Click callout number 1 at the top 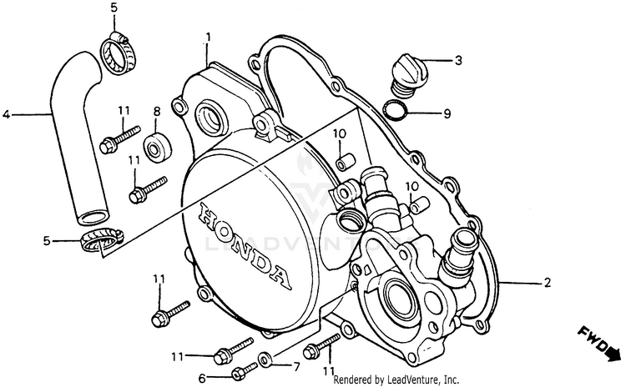pyautogui.click(x=209, y=38)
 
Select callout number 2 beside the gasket pyautogui.click(x=548, y=283)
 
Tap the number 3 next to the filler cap pyautogui.click(x=458, y=60)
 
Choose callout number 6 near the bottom pyautogui.click(x=201, y=377)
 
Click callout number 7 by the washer pyautogui.click(x=295, y=366)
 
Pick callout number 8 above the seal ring pyautogui.click(x=156, y=111)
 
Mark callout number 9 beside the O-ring pyautogui.click(x=447, y=113)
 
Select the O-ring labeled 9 pyautogui.click(x=397, y=109)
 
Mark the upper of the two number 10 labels pyautogui.click(x=340, y=134)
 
